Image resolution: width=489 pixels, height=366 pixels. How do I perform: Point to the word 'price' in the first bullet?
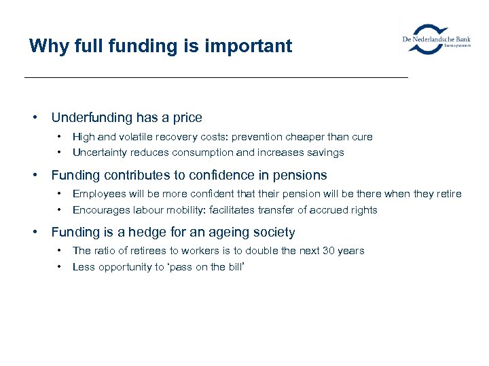point(186,118)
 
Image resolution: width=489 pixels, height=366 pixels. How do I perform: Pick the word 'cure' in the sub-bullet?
point(361,137)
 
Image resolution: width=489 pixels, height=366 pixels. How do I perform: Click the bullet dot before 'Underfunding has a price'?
point(35,118)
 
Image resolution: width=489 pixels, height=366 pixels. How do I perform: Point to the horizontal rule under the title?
point(216,78)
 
